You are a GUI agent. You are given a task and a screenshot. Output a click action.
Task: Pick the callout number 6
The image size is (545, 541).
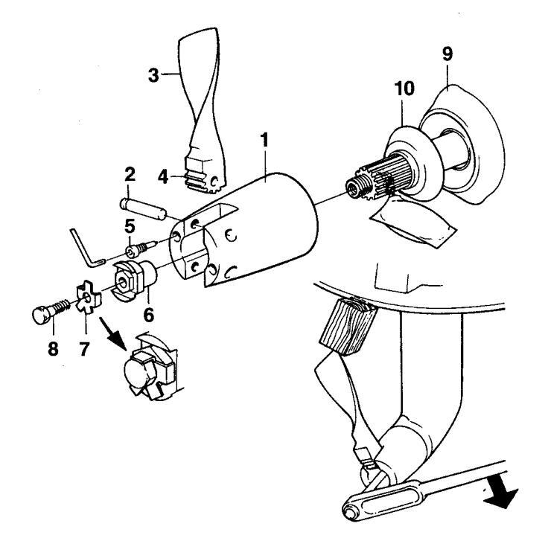click(x=148, y=315)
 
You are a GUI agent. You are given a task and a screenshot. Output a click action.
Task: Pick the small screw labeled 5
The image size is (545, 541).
click(x=141, y=248)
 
